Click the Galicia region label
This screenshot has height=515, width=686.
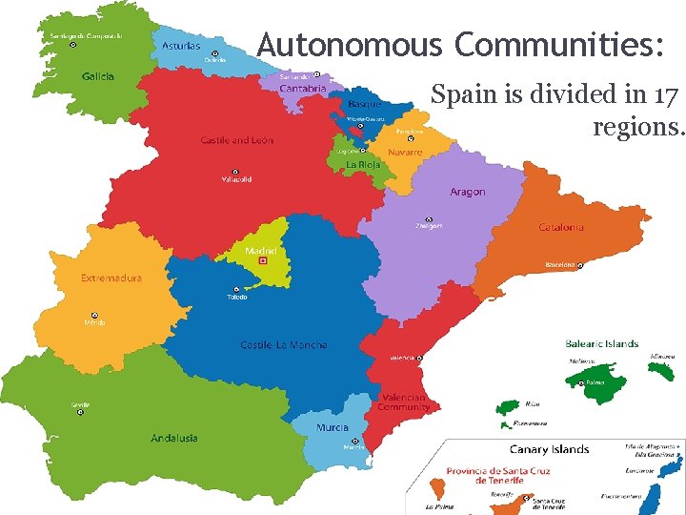tap(98, 76)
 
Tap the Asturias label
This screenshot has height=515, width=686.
tap(180, 45)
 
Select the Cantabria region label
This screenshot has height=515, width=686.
tap(303, 89)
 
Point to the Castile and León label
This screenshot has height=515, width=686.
tap(236, 140)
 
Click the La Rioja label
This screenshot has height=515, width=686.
tap(362, 164)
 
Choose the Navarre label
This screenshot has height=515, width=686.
tap(405, 153)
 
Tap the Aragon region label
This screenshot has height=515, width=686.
tap(467, 192)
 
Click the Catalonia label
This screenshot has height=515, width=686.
tap(561, 227)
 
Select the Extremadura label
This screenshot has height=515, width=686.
tap(111, 278)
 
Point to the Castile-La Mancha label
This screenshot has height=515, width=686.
tap(283, 344)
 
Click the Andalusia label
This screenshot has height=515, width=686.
tap(174, 438)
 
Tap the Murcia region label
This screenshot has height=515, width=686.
tap(333, 428)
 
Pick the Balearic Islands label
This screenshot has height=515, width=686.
tap(601, 343)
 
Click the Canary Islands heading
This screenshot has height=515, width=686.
tap(549, 449)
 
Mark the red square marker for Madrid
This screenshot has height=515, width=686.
tap(264, 260)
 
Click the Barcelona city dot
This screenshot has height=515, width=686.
tap(580, 265)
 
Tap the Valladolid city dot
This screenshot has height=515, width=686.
tap(235, 172)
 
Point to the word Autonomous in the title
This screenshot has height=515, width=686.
tap(350, 45)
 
